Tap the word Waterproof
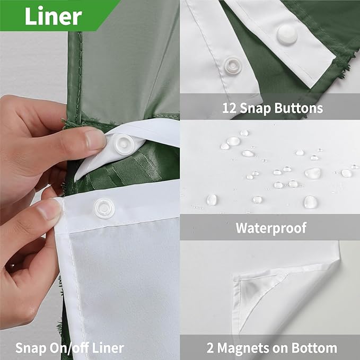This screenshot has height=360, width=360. click(x=271, y=228)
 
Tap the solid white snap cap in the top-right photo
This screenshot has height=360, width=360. click(x=287, y=34)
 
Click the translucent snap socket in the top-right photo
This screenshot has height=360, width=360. click(x=232, y=65)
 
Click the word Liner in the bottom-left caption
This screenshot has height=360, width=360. click(x=109, y=348)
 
